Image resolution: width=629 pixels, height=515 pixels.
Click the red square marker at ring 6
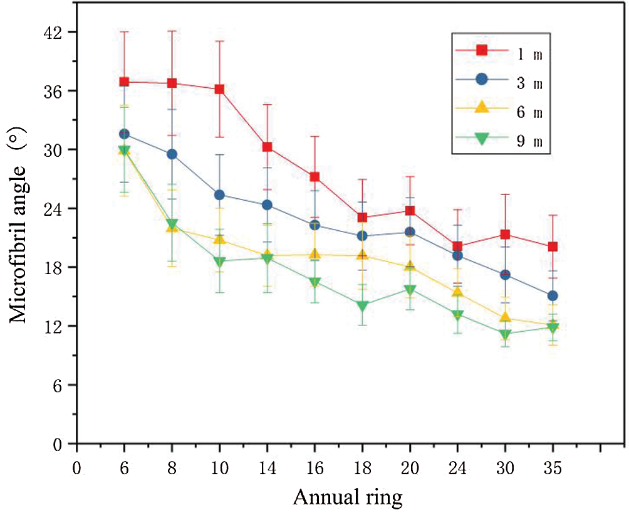[x=124, y=82]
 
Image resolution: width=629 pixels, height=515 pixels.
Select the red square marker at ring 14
[x=267, y=147]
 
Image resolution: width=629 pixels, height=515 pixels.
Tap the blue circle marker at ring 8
[x=172, y=154]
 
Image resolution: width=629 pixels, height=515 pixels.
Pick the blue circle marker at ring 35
[x=553, y=295]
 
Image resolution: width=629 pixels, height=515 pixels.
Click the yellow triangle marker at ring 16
[x=314, y=253]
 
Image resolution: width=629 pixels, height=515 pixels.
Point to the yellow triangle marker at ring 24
[x=457, y=291]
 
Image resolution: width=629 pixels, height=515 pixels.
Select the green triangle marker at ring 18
[x=362, y=306]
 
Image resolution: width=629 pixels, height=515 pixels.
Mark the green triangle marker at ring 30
[x=505, y=334]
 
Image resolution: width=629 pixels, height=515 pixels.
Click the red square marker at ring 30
[x=505, y=234]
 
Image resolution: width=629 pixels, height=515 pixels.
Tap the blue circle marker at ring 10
[x=219, y=194]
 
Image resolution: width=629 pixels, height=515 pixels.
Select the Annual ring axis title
[x=348, y=497]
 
